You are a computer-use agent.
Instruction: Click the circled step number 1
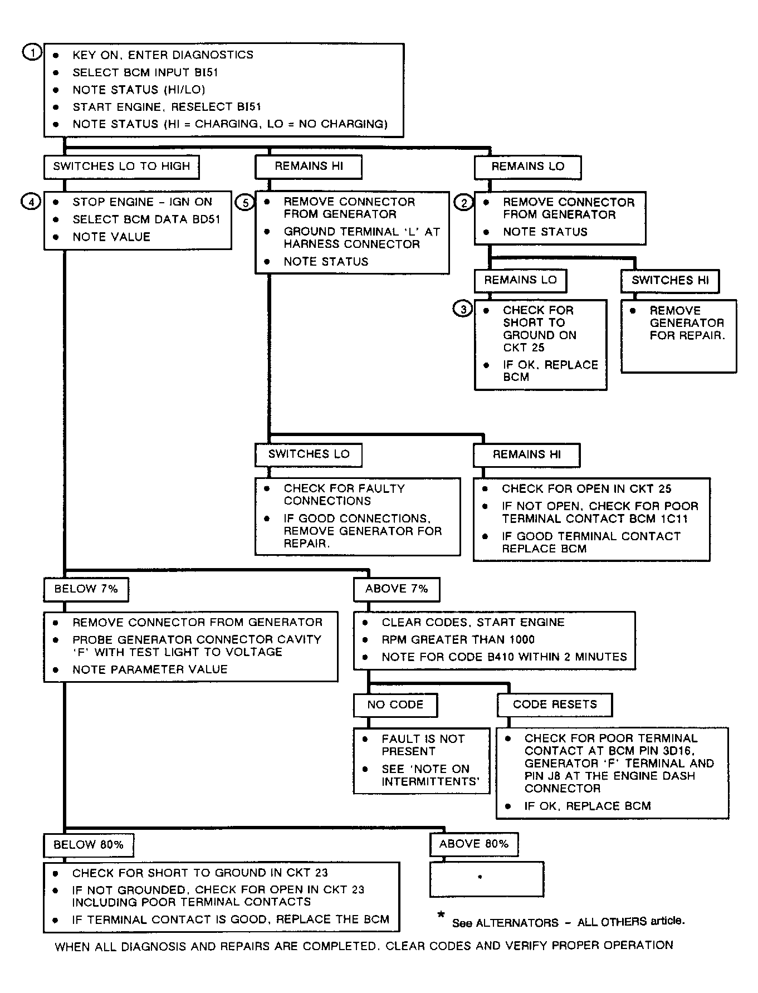(x=32, y=53)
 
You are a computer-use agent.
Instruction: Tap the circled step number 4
(x=31, y=202)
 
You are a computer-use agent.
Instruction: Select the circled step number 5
(x=245, y=203)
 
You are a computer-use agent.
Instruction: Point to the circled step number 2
(x=464, y=203)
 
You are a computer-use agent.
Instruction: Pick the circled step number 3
(x=463, y=309)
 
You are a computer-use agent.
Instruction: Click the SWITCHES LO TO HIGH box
(x=121, y=167)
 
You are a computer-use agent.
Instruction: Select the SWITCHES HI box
(x=670, y=281)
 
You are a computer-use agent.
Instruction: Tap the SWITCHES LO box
(x=309, y=454)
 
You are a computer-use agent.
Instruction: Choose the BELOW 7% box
(x=86, y=589)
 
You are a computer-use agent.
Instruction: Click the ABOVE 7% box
(x=397, y=589)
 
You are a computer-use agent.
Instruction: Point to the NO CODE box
(x=395, y=705)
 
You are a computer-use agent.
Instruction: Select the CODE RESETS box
(x=555, y=705)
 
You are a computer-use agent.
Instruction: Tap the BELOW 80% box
(x=89, y=845)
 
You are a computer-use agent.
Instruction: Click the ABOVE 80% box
(x=474, y=844)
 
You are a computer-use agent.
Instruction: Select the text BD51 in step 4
(x=206, y=219)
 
